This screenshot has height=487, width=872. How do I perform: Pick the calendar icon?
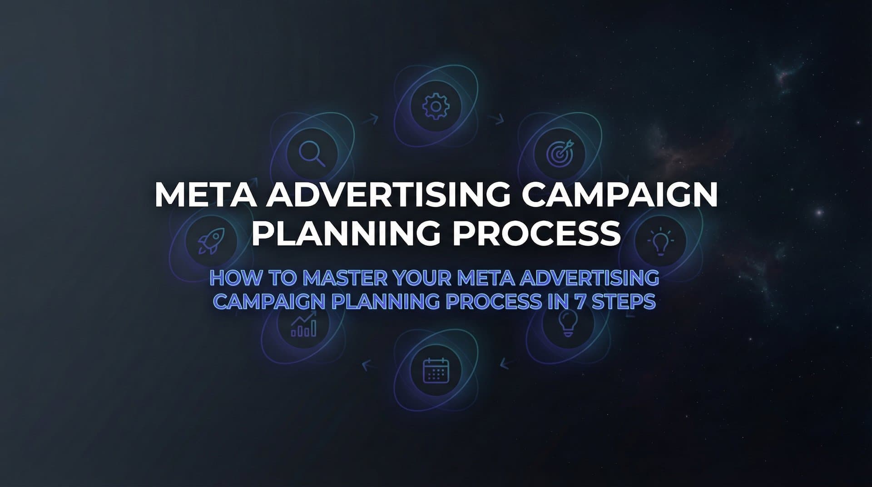436,370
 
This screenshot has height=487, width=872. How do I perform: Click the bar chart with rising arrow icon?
304,324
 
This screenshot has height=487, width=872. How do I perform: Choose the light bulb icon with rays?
660,241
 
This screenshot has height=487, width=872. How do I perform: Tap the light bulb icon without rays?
568,323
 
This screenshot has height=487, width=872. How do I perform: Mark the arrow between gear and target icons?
497,119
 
